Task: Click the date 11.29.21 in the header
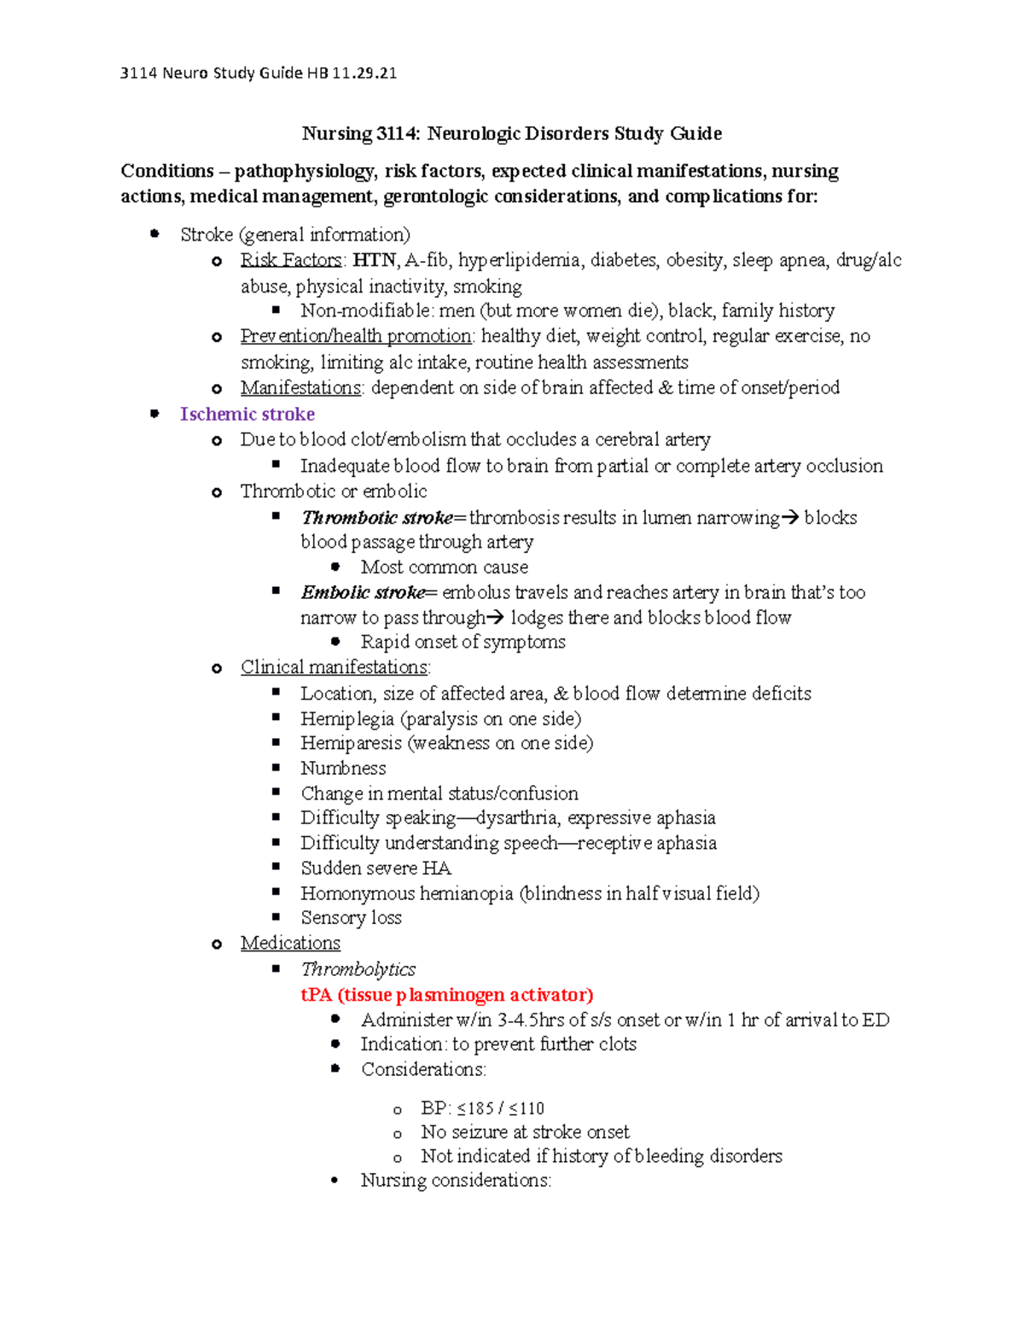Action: click(364, 73)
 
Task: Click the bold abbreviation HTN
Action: click(374, 260)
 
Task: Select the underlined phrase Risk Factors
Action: click(291, 260)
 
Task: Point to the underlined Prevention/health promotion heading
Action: click(356, 336)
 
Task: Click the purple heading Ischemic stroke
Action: click(247, 415)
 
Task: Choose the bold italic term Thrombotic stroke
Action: click(377, 518)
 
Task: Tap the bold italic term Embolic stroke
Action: click(363, 593)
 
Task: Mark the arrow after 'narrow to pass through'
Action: click(496, 618)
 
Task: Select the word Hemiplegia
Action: click(347, 719)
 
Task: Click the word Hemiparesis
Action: click(351, 743)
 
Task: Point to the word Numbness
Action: click(343, 769)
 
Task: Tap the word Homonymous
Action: click(364, 894)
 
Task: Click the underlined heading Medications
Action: click(290, 944)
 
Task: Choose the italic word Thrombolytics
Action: click(358, 969)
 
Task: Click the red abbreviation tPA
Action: click(316, 995)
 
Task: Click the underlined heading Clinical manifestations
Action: click(335, 668)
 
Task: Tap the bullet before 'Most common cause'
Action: click(336, 567)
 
